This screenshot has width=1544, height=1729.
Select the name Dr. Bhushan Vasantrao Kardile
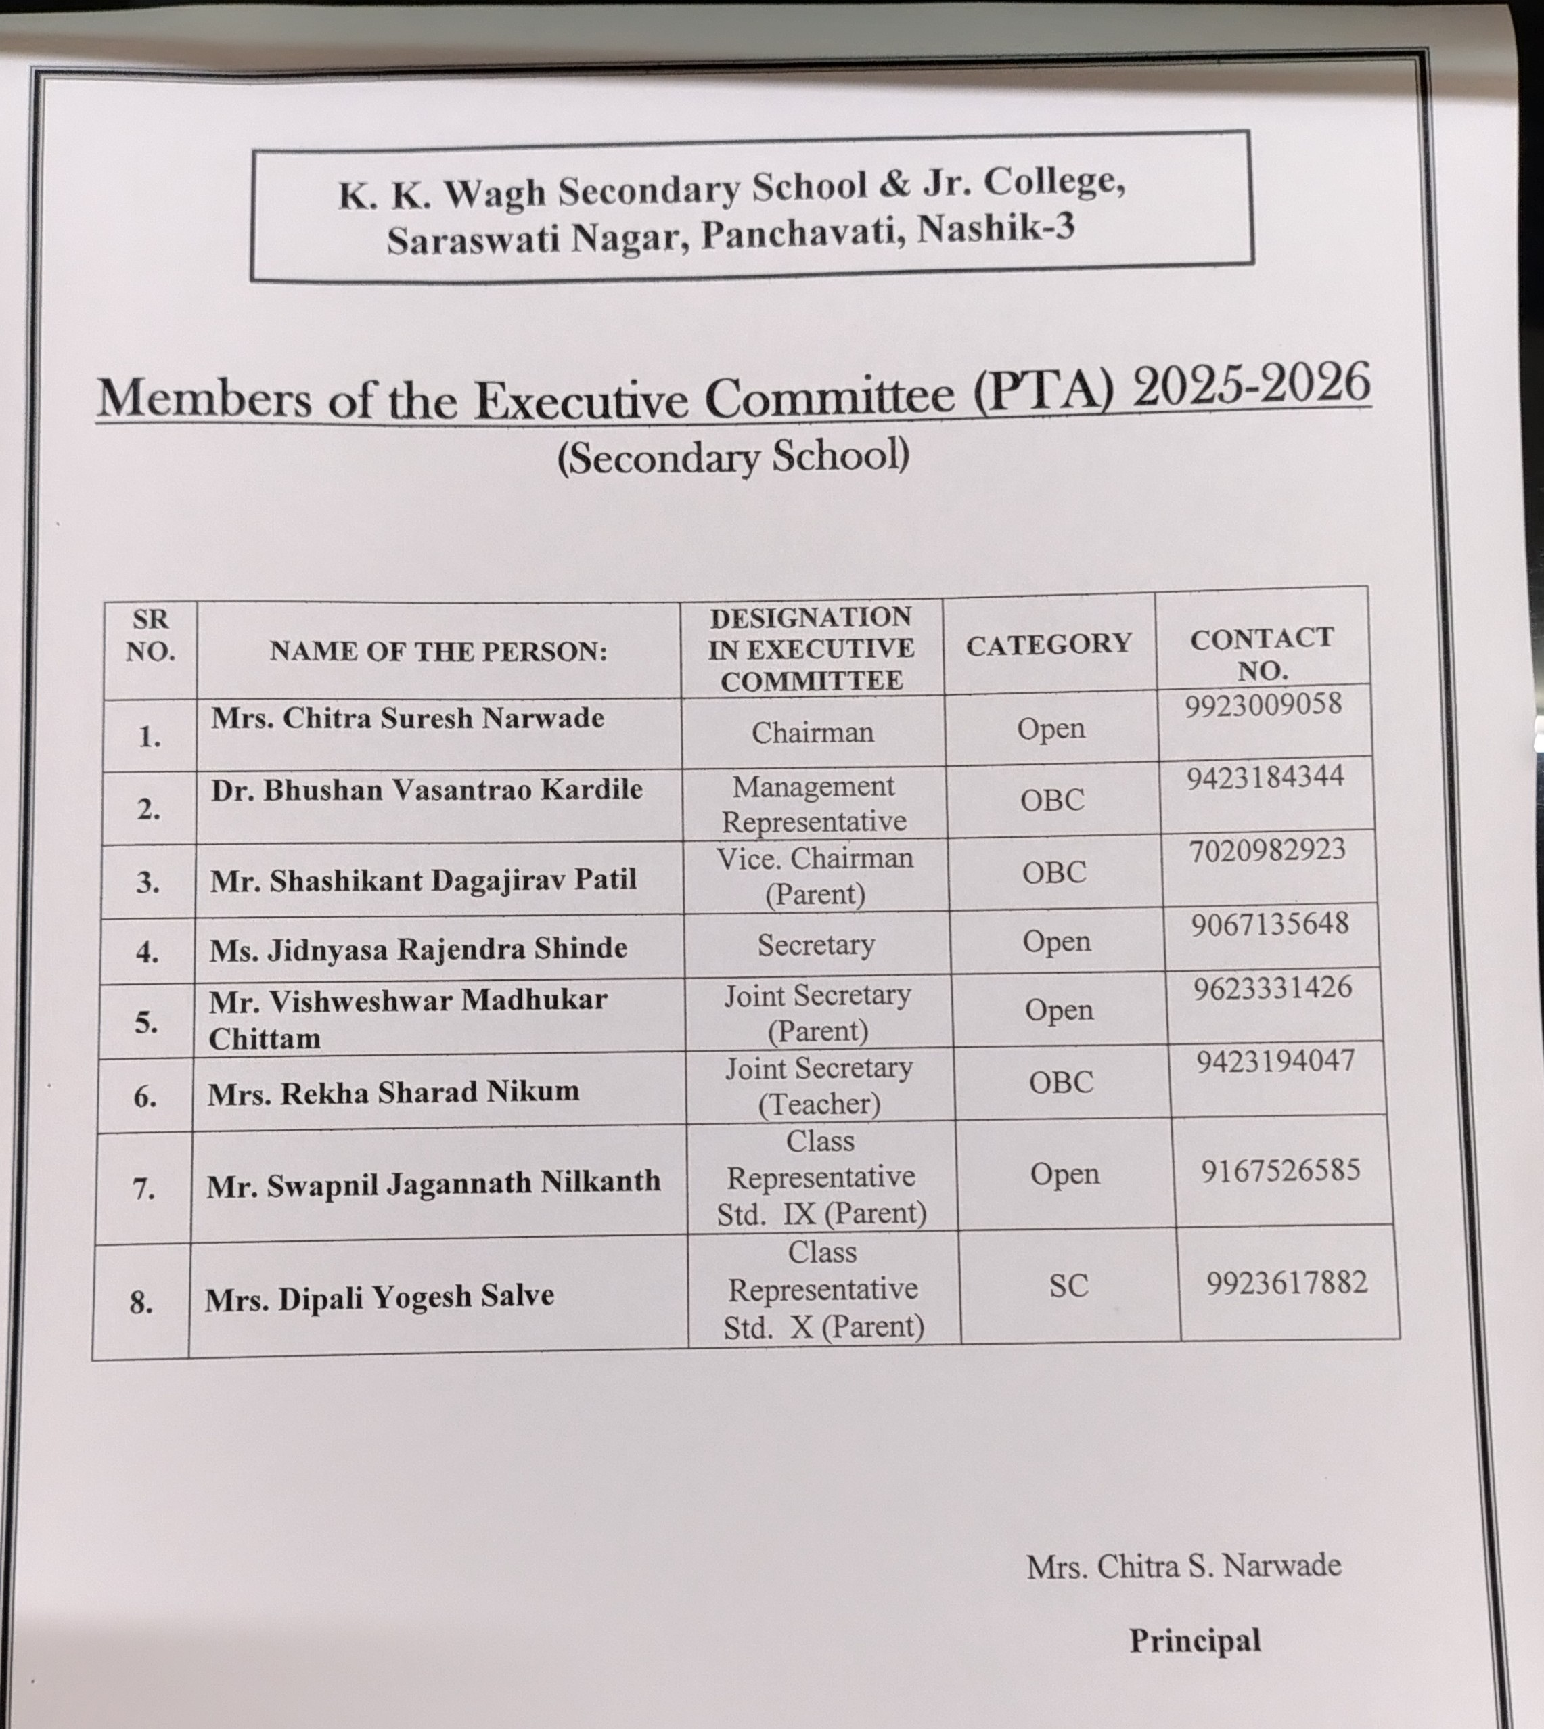tap(427, 790)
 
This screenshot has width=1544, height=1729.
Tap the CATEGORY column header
tap(1049, 644)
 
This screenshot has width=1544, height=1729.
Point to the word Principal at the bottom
tap(1194, 1640)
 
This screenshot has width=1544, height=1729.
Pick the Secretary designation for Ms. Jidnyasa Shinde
tap(816, 945)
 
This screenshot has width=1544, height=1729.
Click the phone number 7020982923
tap(1267, 850)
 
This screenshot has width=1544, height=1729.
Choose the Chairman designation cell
tap(813, 732)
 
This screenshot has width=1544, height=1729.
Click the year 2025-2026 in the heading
tap(1251, 384)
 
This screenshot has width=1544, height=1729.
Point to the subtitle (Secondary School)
tap(733, 457)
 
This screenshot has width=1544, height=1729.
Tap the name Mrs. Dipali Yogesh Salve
tap(379, 1297)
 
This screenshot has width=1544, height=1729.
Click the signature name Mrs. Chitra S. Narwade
tap(1183, 1566)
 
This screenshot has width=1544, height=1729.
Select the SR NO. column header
tap(150, 635)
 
